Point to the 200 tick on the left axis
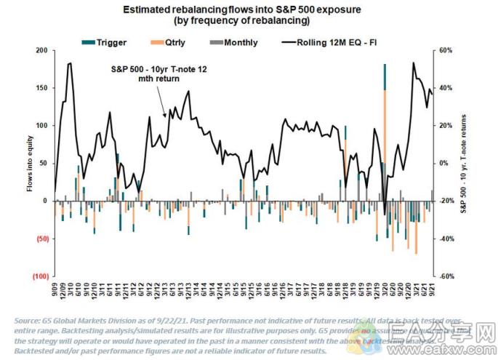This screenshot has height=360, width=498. [x=41, y=51]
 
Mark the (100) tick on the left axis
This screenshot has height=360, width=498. [x=39, y=277]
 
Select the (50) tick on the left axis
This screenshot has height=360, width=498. [x=40, y=239]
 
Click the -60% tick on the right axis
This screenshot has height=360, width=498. [x=448, y=277]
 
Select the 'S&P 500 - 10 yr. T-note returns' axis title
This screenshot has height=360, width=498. [x=464, y=164]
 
